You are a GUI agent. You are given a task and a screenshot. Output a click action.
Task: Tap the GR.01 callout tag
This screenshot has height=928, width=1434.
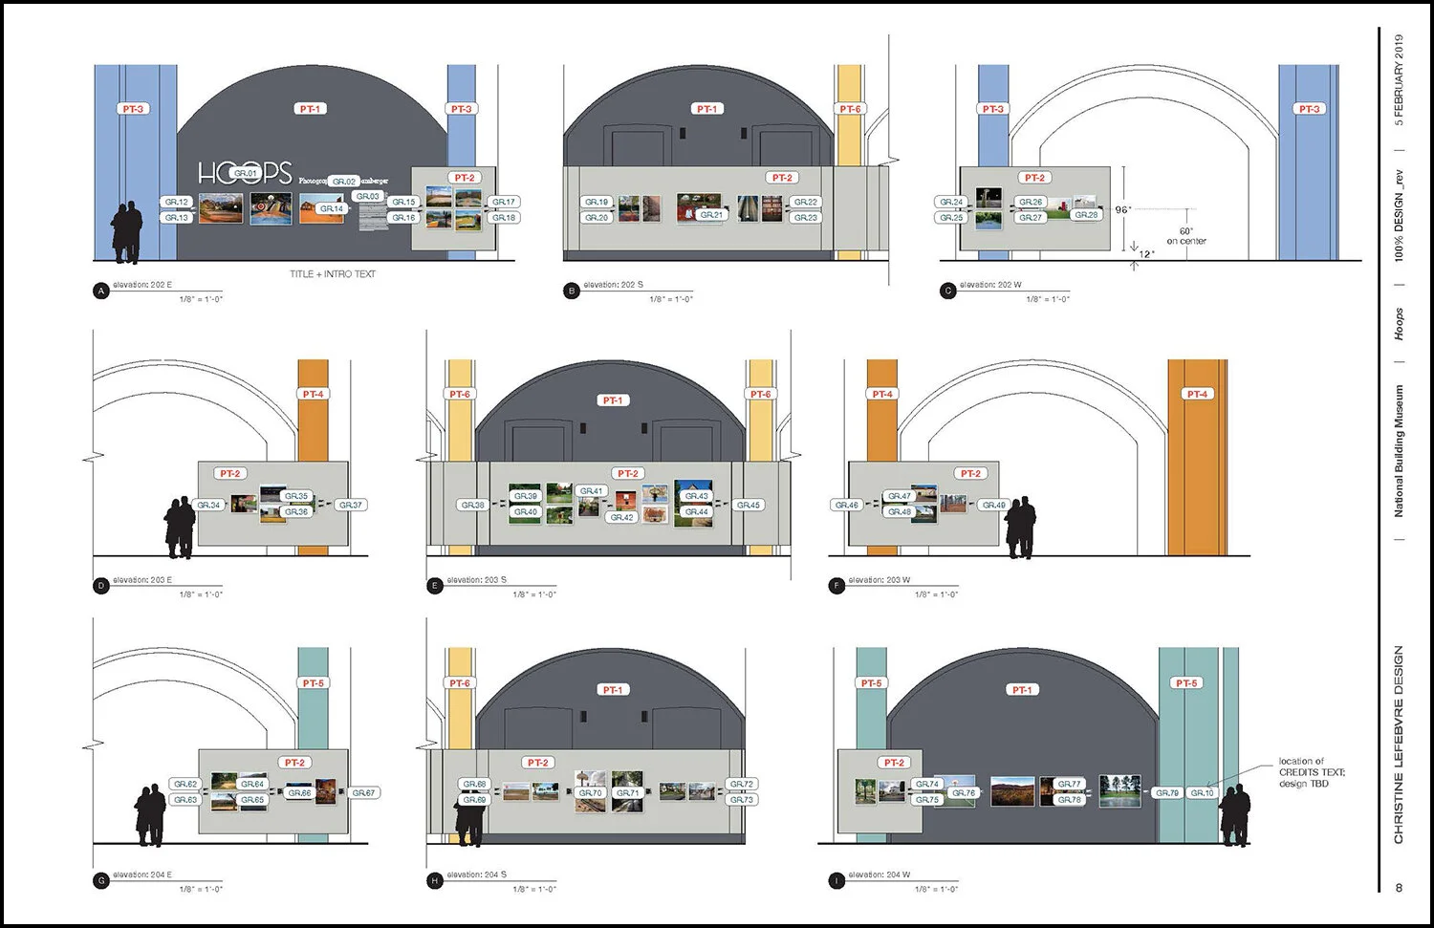247,174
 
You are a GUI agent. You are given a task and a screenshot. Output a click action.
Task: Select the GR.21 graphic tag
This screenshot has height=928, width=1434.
711,215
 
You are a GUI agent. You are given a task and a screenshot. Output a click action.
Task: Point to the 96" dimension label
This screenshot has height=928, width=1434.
1122,209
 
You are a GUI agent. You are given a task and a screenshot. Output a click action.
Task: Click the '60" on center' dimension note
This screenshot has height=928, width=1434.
1186,236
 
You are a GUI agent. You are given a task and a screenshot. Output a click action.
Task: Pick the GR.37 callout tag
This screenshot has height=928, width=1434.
350,505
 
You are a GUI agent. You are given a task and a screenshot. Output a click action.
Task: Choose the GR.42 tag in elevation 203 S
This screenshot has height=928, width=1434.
621,517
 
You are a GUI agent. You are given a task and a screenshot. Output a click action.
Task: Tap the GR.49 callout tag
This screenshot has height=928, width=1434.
993,505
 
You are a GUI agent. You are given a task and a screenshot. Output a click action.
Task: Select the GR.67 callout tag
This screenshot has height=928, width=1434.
363,792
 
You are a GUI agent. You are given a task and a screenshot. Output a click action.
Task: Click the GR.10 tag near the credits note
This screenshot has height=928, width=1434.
1202,792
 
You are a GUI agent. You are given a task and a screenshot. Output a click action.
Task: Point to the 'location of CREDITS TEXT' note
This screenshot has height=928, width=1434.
1311,772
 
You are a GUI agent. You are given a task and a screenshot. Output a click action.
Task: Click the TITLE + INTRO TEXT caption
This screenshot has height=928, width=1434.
333,274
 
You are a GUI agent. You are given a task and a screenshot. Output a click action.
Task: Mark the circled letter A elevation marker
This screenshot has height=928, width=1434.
101,291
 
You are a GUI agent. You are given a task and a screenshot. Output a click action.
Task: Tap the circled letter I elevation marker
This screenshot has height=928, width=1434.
836,880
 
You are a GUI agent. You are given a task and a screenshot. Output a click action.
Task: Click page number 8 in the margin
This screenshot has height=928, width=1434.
1399,888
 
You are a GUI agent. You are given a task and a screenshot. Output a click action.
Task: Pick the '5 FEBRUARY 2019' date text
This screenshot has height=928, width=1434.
1399,80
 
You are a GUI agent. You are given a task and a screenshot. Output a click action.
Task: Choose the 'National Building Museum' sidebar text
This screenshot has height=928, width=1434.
1399,451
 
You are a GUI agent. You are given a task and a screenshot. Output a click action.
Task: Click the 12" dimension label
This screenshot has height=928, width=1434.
1146,254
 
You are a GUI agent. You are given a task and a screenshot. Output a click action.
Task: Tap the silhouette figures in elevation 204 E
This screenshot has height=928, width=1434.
150,815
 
